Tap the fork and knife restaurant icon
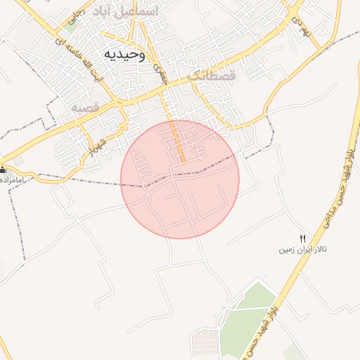[303, 239]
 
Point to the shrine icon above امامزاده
[3, 170]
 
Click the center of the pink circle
[180, 179]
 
